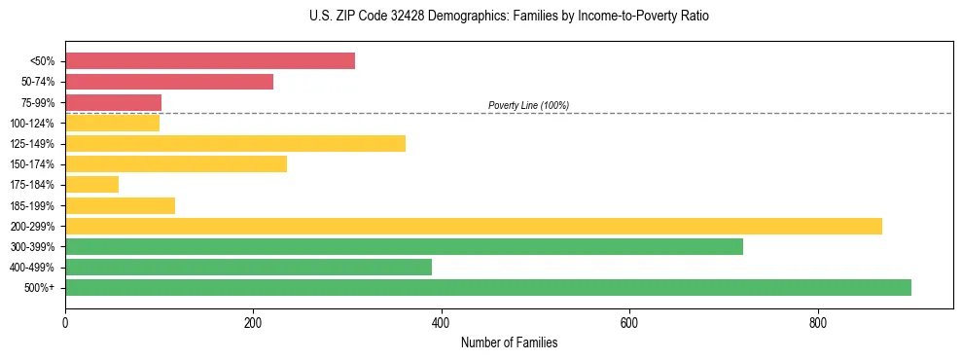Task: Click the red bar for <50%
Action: [x=209, y=61]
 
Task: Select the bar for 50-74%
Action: [x=169, y=82]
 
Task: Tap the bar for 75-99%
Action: [x=113, y=102]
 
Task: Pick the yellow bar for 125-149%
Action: [x=234, y=144]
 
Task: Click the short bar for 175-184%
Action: [x=91, y=185]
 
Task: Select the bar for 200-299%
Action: [x=473, y=226]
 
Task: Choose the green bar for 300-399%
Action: [x=404, y=246]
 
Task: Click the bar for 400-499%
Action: [x=248, y=267]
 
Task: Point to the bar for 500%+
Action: [x=487, y=287]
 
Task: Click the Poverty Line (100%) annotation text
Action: [x=528, y=105]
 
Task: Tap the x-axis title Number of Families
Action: [x=509, y=343]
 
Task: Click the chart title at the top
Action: [x=509, y=17]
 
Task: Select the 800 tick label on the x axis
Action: [x=817, y=322]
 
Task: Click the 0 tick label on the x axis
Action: [x=65, y=322]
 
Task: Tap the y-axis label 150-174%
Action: [x=32, y=164]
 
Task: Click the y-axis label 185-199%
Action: [x=32, y=205]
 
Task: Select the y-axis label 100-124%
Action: [x=32, y=124]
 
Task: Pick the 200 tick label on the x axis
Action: [x=253, y=322]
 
